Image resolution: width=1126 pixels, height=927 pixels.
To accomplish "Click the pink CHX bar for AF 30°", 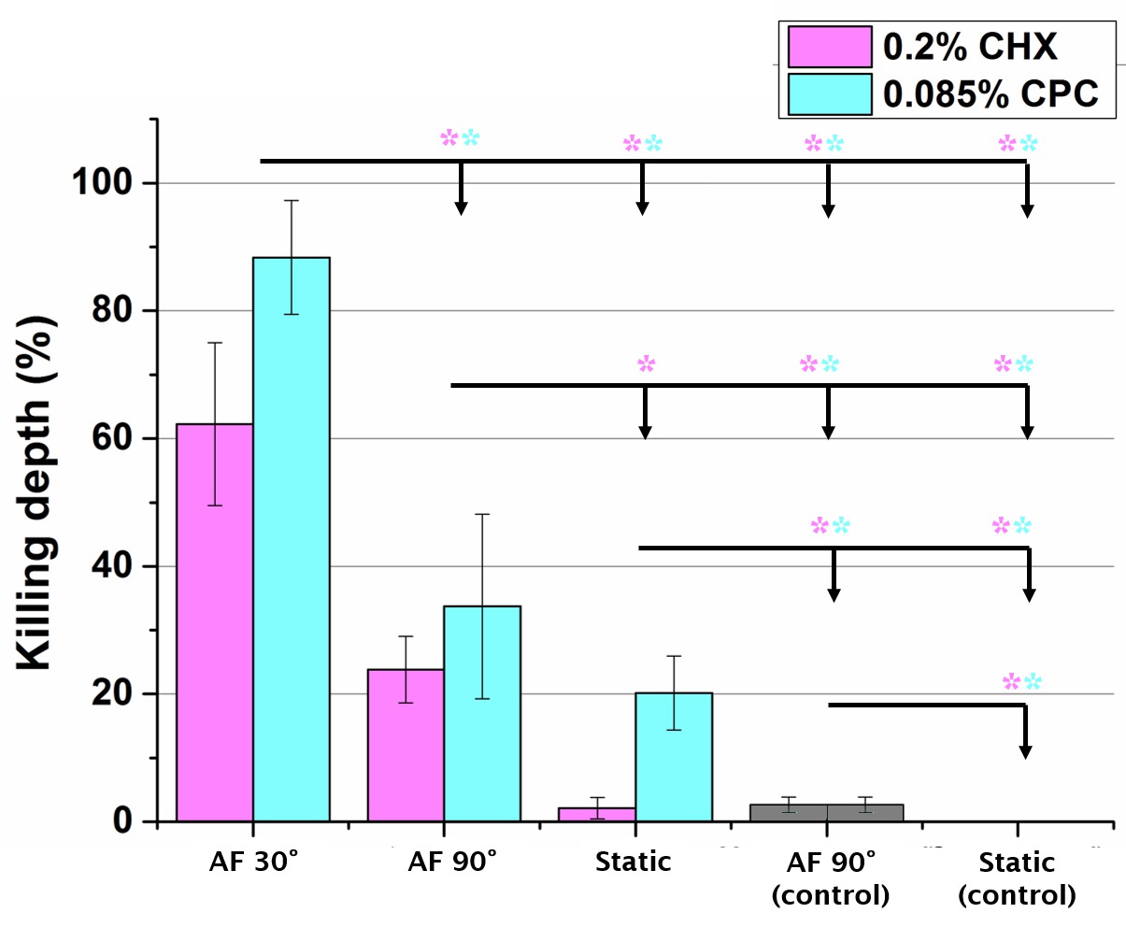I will click(x=215, y=622).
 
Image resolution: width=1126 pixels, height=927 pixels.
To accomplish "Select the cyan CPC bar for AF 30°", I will click(x=292, y=539).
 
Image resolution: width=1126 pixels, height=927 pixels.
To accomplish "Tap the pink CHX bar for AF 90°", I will click(x=406, y=745).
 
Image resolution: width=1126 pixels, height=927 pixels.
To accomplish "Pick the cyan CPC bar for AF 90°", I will click(x=482, y=713).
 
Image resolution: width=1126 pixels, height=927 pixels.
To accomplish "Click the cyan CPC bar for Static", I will click(x=674, y=757).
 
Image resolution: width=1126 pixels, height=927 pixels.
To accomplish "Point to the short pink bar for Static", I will click(x=597, y=814).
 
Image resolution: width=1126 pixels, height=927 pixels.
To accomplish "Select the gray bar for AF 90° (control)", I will click(x=826, y=812).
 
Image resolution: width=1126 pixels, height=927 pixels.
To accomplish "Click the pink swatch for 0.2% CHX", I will click(x=829, y=46).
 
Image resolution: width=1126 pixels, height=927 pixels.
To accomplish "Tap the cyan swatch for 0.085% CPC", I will click(x=829, y=93).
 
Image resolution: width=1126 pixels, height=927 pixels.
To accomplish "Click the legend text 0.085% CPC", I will click(x=991, y=93).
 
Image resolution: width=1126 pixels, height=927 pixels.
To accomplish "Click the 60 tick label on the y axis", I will click(x=111, y=438).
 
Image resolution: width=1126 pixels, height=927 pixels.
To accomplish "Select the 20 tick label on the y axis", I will click(x=111, y=694).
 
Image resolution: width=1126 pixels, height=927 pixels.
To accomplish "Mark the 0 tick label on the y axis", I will click(x=122, y=821).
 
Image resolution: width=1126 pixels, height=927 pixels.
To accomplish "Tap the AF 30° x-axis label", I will click(x=253, y=862).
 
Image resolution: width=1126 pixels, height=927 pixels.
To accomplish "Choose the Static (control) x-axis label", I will click(x=1018, y=878).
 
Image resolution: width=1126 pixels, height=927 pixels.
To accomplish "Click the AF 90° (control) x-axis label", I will click(x=830, y=878).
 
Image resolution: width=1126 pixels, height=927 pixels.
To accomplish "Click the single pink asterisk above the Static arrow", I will click(x=646, y=364).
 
